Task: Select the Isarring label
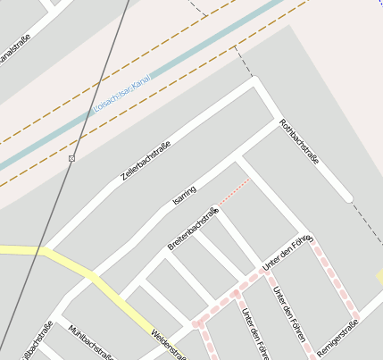coord(184,199)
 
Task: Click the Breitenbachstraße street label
coord(193,228)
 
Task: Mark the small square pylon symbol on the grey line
coord(72,158)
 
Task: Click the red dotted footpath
coord(234,192)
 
